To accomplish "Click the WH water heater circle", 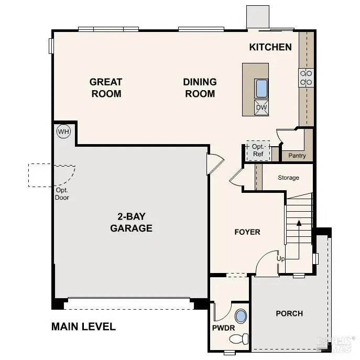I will click(63, 131).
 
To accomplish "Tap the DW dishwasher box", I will click(261, 108).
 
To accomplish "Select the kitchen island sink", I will click(261, 89).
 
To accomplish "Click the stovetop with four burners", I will click(306, 78).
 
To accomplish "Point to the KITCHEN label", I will click(270, 47).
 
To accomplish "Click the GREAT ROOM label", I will click(106, 88).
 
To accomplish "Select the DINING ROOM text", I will click(200, 88).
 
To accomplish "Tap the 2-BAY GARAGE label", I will click(131, 222).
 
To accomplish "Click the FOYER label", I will click(247, 232).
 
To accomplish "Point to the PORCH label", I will click(289, 313).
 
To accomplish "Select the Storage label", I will click(288, 178).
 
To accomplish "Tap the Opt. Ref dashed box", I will click(258, 150).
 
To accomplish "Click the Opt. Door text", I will click(62, 194).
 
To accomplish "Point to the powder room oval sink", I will click(241, 317).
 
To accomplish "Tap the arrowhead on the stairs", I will click(299, 223).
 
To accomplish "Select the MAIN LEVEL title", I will click(83, 326).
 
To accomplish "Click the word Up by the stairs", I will click(281, 259).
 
